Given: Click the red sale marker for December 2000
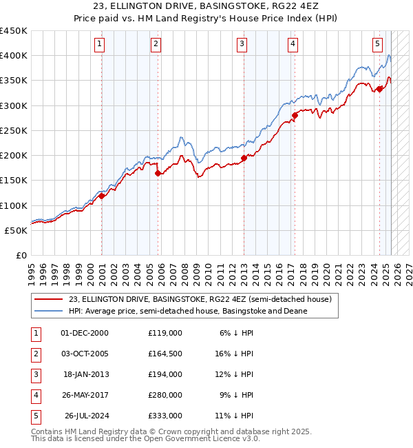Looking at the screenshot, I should click(x=101, y=196).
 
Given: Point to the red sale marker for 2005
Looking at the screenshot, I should click(x=158, y=174).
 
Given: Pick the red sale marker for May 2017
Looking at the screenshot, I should click(x=295, y=115).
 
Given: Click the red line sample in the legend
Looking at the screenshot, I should click(x=48, y=300).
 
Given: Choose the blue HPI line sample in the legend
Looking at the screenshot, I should click(x=48, y=311).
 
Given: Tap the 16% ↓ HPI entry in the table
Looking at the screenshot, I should click(x=233, y=354).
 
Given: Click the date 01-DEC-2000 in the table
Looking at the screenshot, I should click(x=85, y=333).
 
